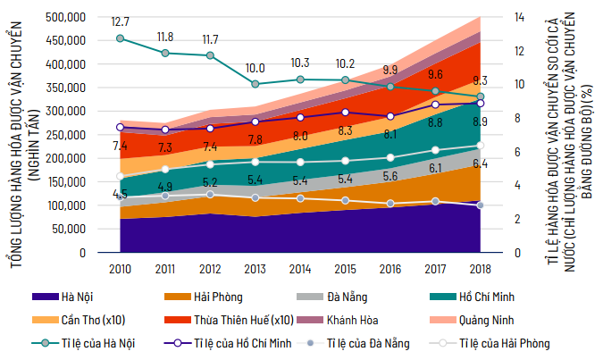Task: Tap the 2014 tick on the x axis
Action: click(299, 267)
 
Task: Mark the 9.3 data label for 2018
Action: click(480, 80)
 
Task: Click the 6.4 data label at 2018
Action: click(480, 163)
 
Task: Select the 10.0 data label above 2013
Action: click(256, 68)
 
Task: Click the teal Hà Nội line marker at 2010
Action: click(121, 38)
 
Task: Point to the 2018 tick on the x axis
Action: click(480, 267)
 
